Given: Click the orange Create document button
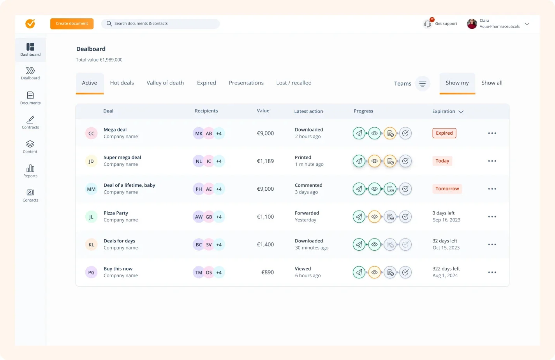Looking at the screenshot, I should (72, 24).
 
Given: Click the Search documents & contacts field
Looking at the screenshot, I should (160, 24).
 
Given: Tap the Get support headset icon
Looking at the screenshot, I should (427, 24).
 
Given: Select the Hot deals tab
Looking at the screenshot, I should (122, 83).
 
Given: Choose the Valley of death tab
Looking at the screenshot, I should (165, 83).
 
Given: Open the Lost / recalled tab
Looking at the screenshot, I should (294, 83).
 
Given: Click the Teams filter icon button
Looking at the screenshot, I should (422, 84).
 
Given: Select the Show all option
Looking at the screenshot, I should (492, 83).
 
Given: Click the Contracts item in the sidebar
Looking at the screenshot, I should (30, 122).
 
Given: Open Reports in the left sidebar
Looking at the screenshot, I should (30, 171).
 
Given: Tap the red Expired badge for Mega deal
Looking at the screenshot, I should (444, 133).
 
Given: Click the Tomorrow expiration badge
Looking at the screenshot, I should (447, 189).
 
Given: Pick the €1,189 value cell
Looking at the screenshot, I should (265, 161).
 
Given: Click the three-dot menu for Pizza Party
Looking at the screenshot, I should (492, 217).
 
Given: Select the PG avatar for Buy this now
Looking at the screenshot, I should (91, 272).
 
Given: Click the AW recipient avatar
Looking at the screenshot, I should (199, 217).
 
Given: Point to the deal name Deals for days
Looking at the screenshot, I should (119, 241).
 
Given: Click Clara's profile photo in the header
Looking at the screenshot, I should (472, 24).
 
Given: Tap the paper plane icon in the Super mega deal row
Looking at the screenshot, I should (359, 161).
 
